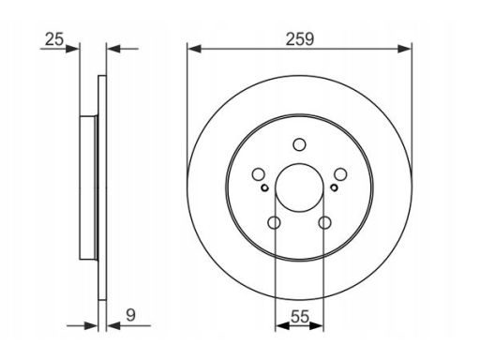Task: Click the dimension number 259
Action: pyautogui.click(x=300, y=39)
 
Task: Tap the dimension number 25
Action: pyautogui.click(x=54, y=39)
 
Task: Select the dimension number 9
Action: pyautogui.click(x=130, y=315)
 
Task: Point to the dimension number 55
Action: pyautogui.click(x=300, y=317)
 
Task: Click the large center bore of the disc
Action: pyautogui.click(x=299, y=187)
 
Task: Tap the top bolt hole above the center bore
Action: pyautogui.click(x=299, y=144)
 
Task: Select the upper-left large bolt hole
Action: pyautogui.click(x=259, y=174)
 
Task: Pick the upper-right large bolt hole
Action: pyautogui.click(x=340, y=174)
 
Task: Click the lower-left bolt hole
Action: pyautogui.click(x=274, y=222)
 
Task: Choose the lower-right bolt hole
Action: pyautogui.click(x=324, y=222)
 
